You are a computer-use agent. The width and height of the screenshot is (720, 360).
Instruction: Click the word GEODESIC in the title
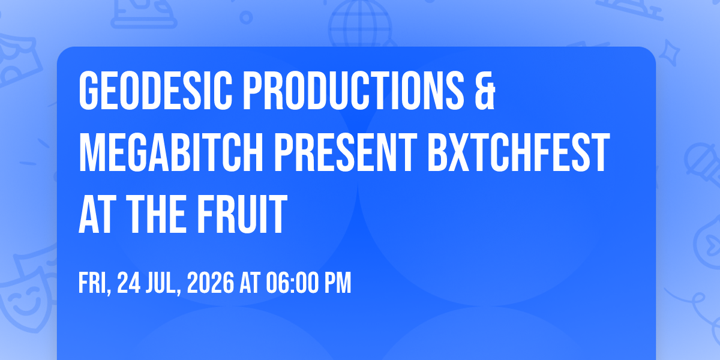(155, 91)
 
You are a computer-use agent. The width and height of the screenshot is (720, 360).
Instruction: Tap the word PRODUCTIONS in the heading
(353, 91)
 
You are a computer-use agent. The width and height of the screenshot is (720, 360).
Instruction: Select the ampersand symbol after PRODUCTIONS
(485, 91)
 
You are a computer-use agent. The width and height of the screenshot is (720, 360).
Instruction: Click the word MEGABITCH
(171, 152)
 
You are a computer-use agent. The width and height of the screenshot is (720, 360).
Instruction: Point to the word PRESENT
(346, 152)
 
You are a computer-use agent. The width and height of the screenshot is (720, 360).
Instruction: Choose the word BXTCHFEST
(518, 152)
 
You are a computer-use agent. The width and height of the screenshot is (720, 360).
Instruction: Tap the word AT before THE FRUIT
(97, 214)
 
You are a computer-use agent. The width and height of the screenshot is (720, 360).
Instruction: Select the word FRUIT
(242, 214)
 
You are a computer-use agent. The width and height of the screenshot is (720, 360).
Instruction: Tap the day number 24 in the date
(128, 283)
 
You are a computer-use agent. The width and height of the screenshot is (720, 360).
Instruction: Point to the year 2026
(211, 283)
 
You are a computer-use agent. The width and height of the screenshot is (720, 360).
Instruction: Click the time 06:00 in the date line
(292, 283)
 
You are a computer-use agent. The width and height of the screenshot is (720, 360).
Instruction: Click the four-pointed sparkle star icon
(669, 53)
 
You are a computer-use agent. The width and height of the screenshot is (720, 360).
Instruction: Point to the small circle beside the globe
(246, 17)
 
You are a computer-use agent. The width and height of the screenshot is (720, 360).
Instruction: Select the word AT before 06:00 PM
(250, 283)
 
